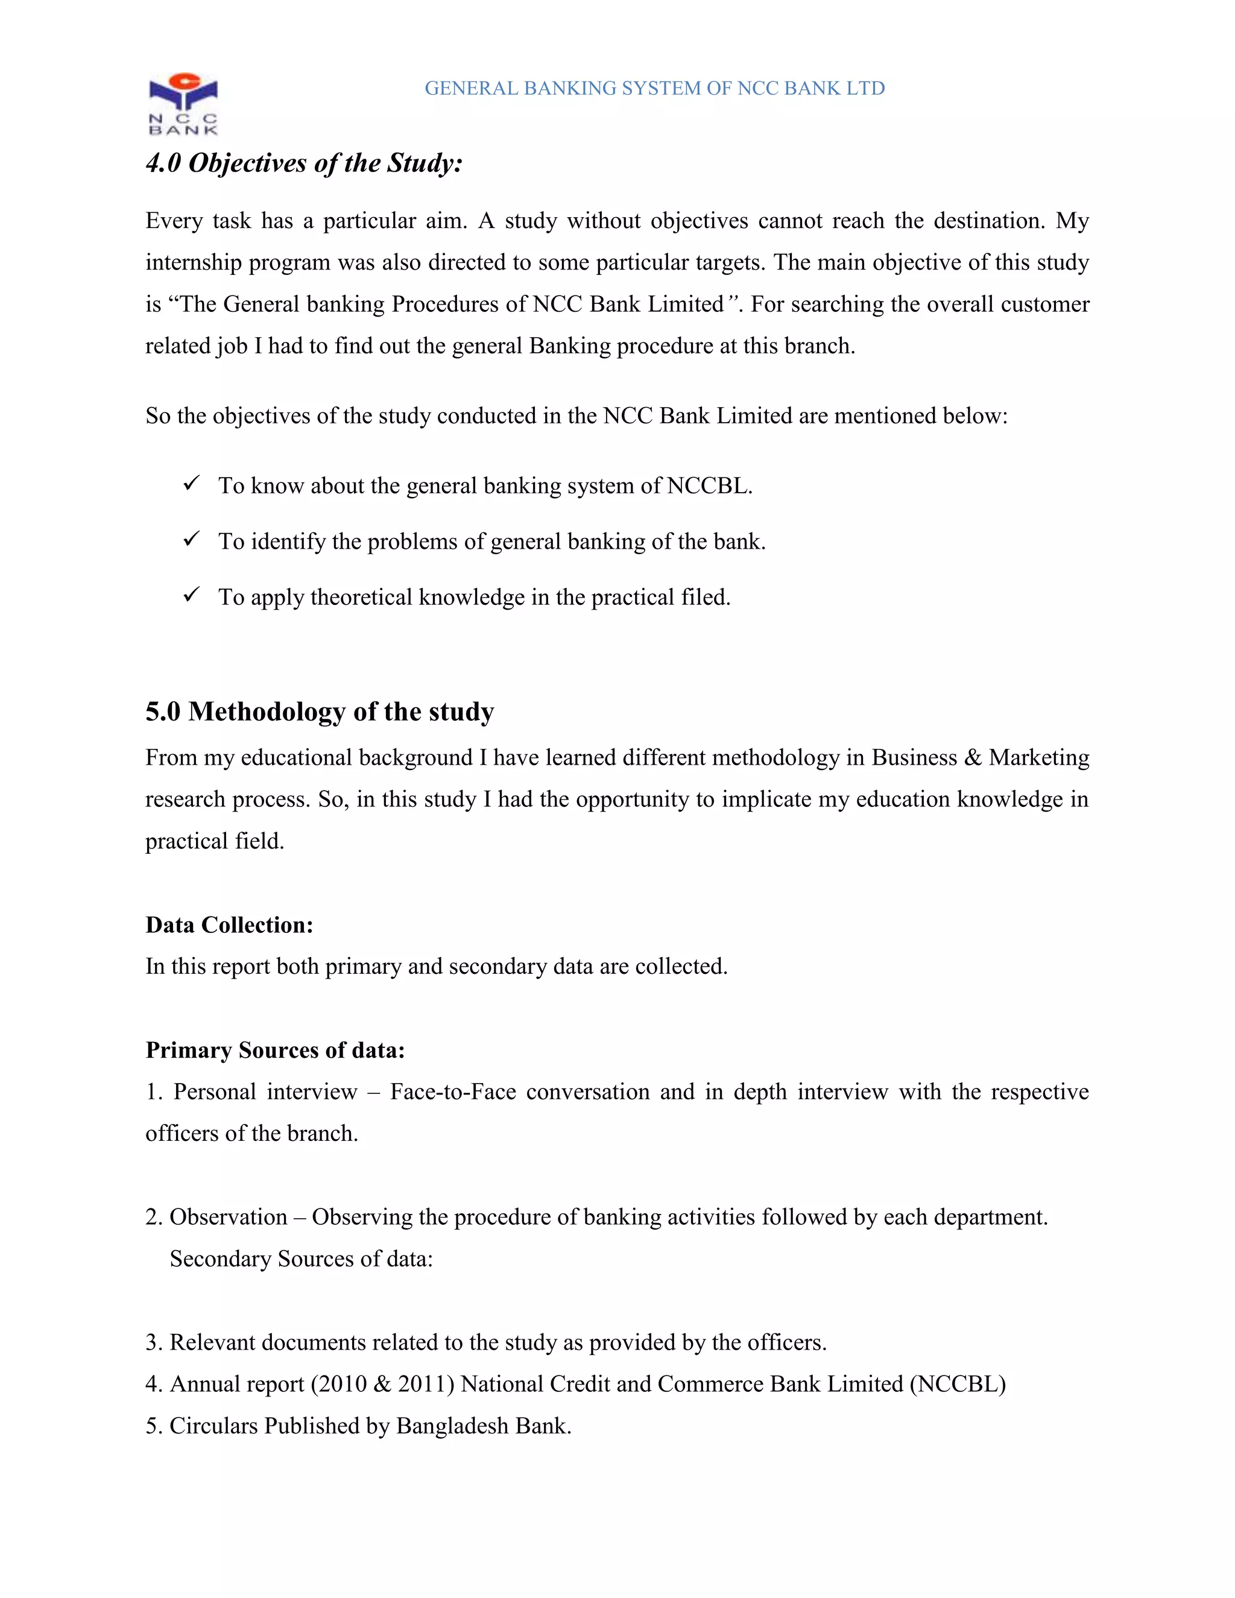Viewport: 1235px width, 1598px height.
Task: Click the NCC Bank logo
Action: tap(183, 103)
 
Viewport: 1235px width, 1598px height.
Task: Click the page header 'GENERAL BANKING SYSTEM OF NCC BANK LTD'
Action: tap(654, 89)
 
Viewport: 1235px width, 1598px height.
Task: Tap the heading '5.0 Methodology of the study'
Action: tap(320, 711)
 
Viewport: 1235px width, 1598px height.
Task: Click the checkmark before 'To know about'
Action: tap(192, 484)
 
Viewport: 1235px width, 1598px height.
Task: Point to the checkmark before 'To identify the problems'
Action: tap(192, 539)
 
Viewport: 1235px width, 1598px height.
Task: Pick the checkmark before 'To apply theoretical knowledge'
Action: tap(192, 595)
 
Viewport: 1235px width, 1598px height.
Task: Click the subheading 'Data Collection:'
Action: tap(229, 925)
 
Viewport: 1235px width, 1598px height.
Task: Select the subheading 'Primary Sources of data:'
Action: tap(274, 1050)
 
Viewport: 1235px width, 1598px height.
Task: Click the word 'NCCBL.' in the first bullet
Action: tap(709, 486)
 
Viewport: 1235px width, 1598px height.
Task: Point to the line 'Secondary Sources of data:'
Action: tap(301, 1259)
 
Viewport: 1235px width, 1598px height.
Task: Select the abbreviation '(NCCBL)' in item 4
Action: tap(958, 1385)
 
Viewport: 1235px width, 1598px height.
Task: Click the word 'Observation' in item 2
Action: tap(229, 1217)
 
